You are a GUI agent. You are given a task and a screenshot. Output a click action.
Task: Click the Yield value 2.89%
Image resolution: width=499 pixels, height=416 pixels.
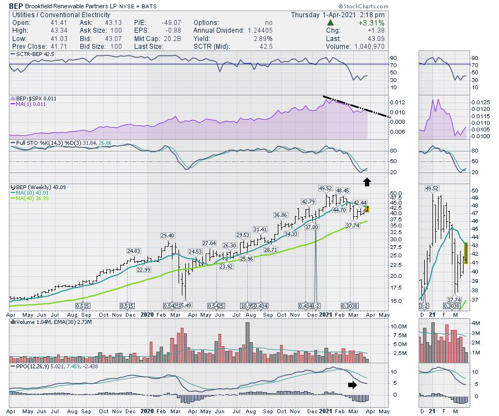262,39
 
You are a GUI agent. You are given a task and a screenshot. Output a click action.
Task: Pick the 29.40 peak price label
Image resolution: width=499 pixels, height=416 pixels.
167,236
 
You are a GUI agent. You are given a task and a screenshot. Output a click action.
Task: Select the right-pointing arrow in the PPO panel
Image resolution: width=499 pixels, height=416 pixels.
353,384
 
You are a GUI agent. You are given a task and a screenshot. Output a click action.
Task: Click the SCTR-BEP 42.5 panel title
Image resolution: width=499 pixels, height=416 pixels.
32,54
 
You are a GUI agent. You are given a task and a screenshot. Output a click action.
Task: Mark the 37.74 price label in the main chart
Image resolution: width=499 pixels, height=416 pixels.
353,226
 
